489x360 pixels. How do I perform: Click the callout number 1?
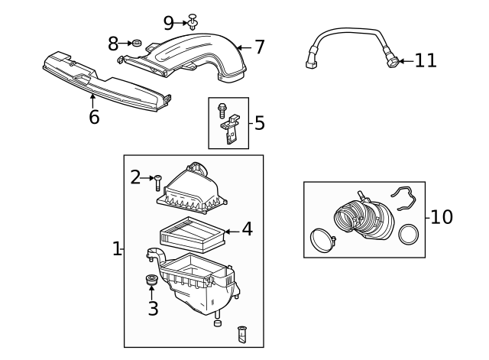(116, 248)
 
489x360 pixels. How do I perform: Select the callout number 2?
(135, 177)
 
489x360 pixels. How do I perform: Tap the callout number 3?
(153, 309)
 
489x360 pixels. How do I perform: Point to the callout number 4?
(247, 229)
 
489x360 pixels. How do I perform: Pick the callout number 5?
(260, 122)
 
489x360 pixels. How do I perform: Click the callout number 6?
(94, 117)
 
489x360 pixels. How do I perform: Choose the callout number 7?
(260, 47)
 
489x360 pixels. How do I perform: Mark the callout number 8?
(113, 44)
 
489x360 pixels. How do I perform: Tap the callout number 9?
(169, 24)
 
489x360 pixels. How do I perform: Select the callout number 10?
(441, 217)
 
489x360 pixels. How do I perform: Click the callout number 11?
(426, 60)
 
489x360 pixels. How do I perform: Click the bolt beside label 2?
(157, 183)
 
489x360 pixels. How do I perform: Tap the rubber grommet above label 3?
(151, 280)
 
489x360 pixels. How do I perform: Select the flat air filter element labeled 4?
(190, 234)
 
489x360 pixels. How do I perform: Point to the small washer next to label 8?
(138, 44)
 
